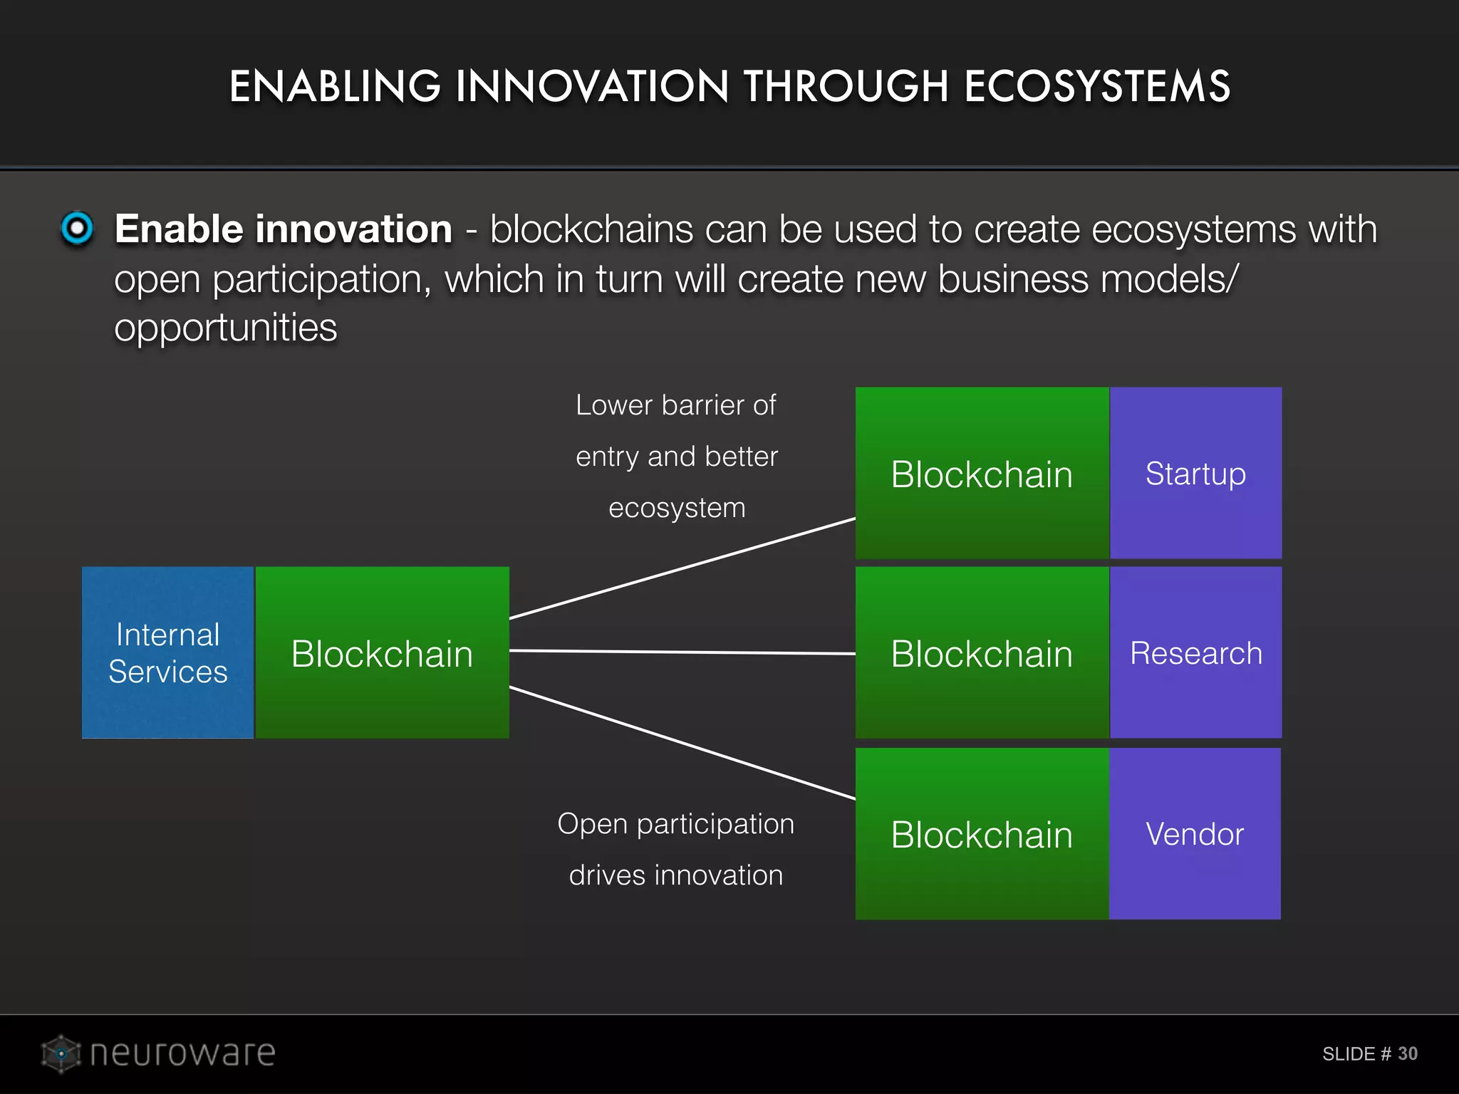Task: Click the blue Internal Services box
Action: tap(167, 652)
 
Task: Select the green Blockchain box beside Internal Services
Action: tap(382, 652)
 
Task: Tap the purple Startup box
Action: tap(1195, 473)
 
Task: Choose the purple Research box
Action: tap(1195, 652)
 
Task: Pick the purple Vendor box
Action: tap(1195, 833)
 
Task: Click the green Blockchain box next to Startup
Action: tap(982, 473)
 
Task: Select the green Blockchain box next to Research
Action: tap(982, 652)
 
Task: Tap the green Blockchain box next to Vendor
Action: tap(982, 833)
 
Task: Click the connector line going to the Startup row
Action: tap(682, 568)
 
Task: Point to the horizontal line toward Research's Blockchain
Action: tap(682, 652)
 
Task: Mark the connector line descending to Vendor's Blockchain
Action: tap(682, 743)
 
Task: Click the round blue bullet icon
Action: tap(77, 229)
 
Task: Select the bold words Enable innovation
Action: tap(284, 229)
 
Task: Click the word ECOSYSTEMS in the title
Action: tap(1096, 87)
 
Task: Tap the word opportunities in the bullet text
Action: tap(225, 328)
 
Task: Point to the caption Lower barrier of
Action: tap(675, 405)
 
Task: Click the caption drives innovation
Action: tap(675, 875)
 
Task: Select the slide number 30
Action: tap(1407, 1053)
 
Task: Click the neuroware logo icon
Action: tap(61, 1053)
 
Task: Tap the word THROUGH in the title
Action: tap(846, 87)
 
